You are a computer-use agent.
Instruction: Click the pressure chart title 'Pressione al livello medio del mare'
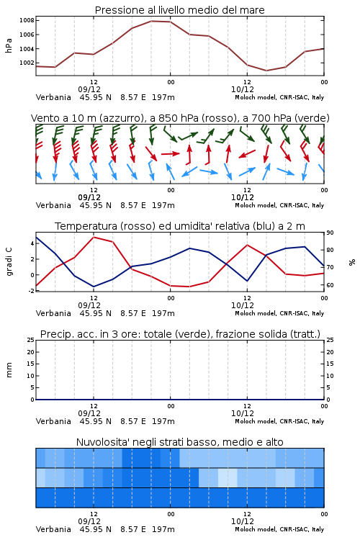(x=179, y=10)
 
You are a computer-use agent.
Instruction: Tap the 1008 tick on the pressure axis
(x=27, y=20)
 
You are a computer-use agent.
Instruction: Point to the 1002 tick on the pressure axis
(x=27, y=63)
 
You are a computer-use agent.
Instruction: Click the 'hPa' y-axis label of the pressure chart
(x=9, y=45)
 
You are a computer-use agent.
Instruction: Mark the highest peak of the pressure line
(x=152, y=21)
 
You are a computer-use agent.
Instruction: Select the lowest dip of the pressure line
(x=266, y=71)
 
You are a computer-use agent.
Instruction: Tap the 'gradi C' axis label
(x=9, y=262)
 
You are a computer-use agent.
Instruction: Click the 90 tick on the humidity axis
(x=330, y=233)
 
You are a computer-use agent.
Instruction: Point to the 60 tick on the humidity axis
(x=330, y=285)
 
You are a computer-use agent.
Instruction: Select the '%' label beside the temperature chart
(x=352, y=262)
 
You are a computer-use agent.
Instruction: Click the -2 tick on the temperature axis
(x=31, y=291)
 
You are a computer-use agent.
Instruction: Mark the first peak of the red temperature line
(x=94, y=237)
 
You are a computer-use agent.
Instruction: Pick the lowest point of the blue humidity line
(x=94, y=287)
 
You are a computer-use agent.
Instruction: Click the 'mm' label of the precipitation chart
(x=9, y=370)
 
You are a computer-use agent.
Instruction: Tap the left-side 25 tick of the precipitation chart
(x=31, y=340)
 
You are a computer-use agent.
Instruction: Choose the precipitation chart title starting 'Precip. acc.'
(x=180, y=334)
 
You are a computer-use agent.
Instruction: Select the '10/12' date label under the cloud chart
(x=243, y=521)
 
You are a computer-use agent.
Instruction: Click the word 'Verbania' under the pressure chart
(x=53, y=97)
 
